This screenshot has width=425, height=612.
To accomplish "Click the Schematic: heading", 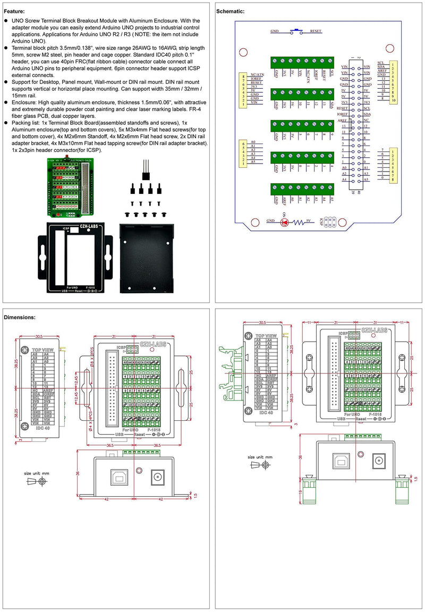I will (231, 11).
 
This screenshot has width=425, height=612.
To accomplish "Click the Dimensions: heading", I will (20, 317).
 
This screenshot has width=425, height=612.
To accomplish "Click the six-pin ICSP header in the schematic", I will (326, 222).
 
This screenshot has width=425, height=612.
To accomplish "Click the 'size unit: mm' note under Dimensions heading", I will (37, 473).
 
